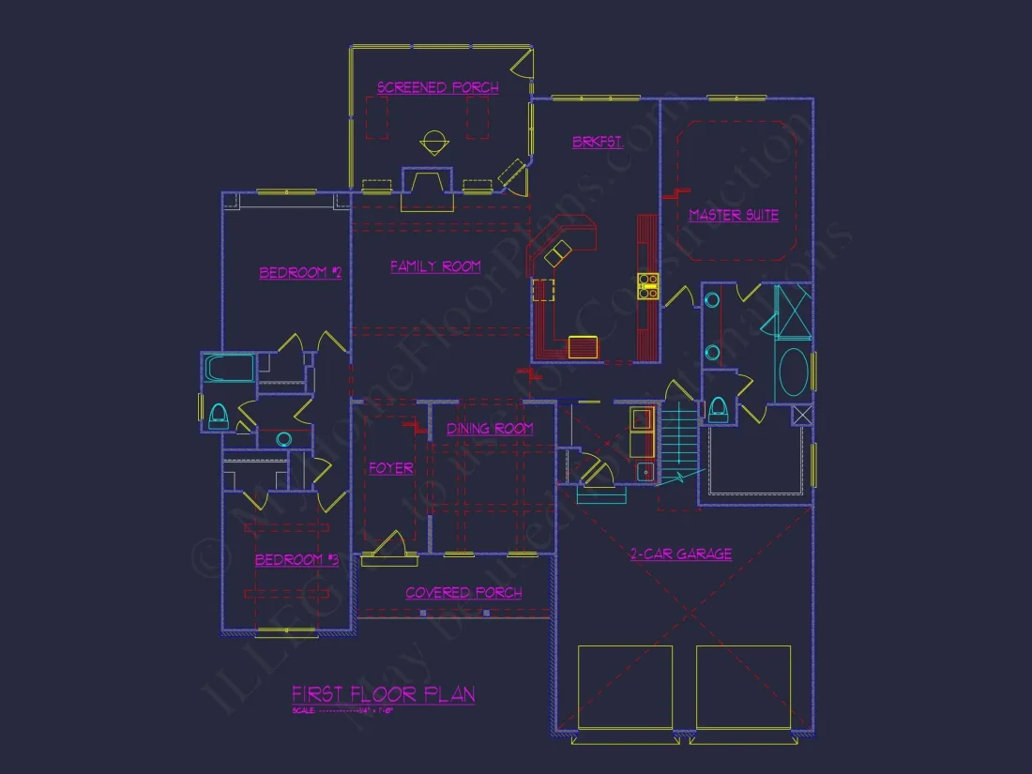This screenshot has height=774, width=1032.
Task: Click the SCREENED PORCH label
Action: pyautogui.click(x=437, y=87)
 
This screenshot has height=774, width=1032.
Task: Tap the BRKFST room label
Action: pyautogui.click(x=598, y=142)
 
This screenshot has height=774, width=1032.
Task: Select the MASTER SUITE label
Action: pyautogui.click(x=734, y=215)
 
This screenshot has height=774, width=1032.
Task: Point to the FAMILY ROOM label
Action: pyautogui.click(x=435, y=266)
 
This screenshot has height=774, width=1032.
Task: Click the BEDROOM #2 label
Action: pyautogui.click(x=300, y=273)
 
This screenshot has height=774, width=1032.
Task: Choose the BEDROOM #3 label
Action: pyautogui.click(x=296, y=560)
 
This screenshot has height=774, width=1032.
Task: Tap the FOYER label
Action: pyautogui.click(x=390, y=468)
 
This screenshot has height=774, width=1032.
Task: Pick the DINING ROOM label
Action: pyautogui.click(x=489, y=429)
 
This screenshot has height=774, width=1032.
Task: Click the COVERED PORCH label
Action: pyautogui.click(x=463, y=593)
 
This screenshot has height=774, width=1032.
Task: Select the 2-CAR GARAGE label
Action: pyautogui.click(x=680, y=554)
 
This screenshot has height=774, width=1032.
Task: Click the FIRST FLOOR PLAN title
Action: pyautogui.click(x=383, y=694)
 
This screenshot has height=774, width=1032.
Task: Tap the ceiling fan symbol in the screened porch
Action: pyautogui.click(x=433, y=143)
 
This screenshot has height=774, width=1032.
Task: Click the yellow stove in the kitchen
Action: pyautogui.click(x=647, y=285)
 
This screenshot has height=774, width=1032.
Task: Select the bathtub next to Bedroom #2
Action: pyautogui.click(x=230, y=368)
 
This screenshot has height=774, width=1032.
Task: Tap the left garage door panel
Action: pyautogui.click(x=625, y=687)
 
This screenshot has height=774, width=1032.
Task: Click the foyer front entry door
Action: pyautogui.click(x=390, y=548)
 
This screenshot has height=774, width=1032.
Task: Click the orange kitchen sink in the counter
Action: pyautogui.click(x=583, y=347)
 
